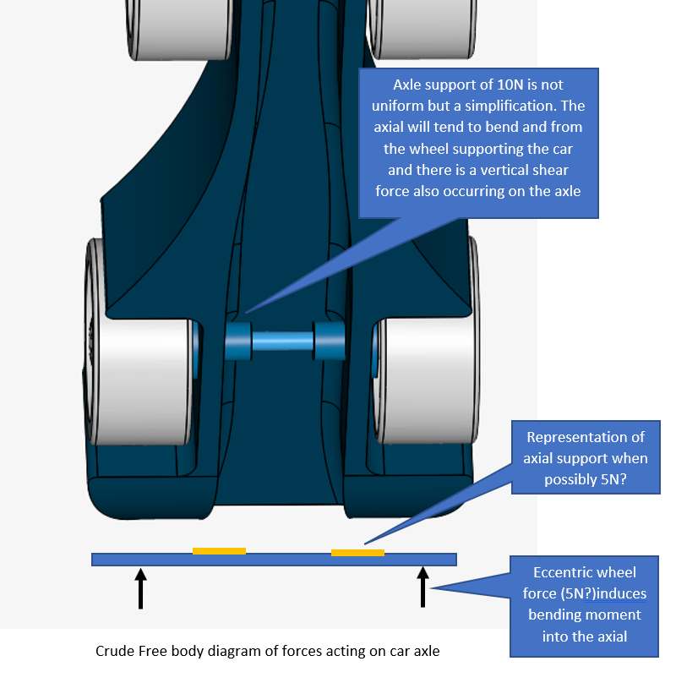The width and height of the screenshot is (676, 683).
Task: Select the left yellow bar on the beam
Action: (219, 551)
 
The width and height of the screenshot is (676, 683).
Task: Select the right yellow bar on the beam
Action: (357, 553)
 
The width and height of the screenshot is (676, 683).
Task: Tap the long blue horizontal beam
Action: (274, 560)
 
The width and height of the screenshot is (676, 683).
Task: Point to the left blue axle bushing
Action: (238, 341)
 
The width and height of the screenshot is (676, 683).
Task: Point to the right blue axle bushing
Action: (329, 341)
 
